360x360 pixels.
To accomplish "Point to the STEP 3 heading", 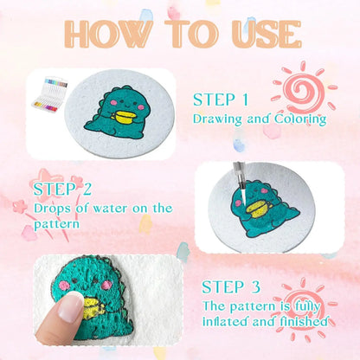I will [235, 286].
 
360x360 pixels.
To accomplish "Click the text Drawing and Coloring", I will [259, 119].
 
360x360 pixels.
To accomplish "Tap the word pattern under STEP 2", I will [58, 224].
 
